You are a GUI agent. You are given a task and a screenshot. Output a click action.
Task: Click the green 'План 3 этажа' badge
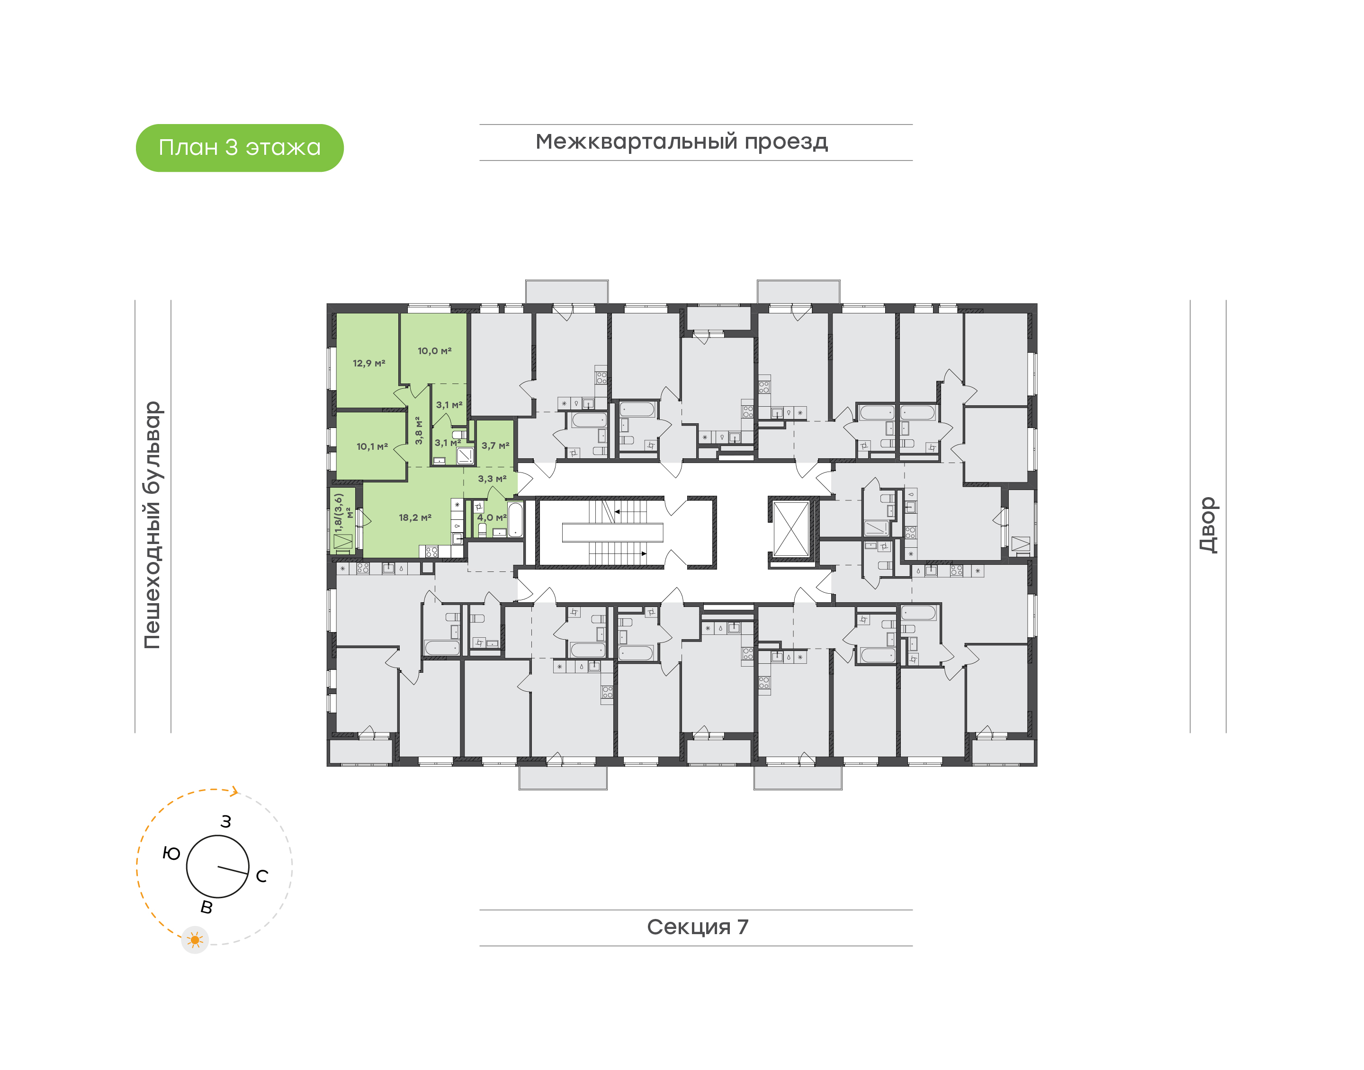239,148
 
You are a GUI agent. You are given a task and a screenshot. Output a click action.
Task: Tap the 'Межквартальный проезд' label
681,142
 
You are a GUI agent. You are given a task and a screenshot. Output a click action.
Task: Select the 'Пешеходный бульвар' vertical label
152,525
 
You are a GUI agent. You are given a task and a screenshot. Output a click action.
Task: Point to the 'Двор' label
1207,525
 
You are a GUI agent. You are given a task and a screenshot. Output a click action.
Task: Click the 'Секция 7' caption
697,927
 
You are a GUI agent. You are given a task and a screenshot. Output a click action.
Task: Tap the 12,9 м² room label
368,363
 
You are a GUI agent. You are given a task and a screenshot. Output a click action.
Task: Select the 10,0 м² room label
434,351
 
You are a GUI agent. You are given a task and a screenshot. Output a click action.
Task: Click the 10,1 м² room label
372,446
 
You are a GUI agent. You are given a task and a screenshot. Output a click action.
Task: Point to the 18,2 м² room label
415,517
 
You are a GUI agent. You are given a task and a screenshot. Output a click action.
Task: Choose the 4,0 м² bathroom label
491,517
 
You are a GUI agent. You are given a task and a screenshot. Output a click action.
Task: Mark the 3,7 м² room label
495,446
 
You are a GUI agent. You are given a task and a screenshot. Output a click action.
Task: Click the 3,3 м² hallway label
492,479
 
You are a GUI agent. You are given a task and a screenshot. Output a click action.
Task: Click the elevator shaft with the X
791,529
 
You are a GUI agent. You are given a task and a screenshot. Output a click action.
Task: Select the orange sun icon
195,940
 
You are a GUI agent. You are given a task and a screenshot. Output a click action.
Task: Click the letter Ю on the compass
171,853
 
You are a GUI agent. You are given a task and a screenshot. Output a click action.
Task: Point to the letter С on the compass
262,876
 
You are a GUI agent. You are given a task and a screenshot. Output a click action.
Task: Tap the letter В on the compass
206,907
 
